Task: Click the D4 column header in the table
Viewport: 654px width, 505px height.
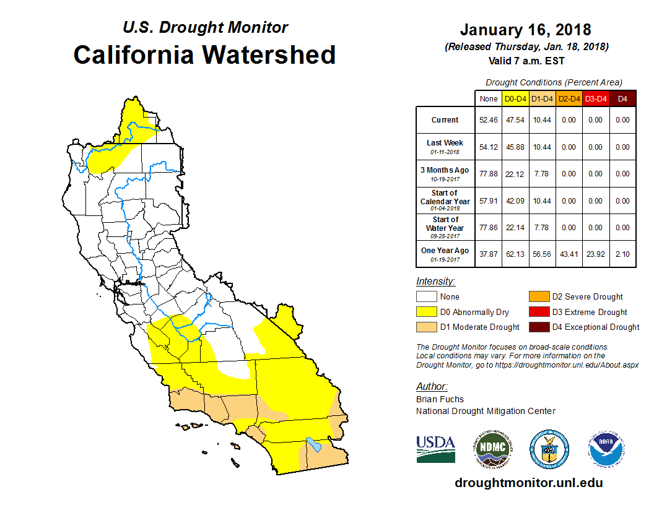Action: pyautogui.click(x=622, y=98)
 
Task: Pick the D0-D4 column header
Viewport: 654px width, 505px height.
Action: pyautogui.click(x=515, y=98)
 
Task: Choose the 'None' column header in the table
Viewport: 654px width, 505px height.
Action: pyautogui.click(x=489, y=98)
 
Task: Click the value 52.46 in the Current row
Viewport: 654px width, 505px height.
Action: pyautogui.click(x=489, y=120)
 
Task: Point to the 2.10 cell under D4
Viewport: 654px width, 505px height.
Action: pyautogui.click(x=622, y=254)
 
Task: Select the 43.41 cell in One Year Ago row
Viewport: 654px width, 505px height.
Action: pyautogui.click(x=569, y=254)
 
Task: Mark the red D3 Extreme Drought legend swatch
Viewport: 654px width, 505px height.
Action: pyautogui.click(x=538, y=312)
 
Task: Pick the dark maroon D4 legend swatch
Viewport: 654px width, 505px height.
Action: pyautogui.click(x=538, y=327)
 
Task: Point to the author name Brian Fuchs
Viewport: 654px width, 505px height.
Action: pyautogui.click(x=440, y=399)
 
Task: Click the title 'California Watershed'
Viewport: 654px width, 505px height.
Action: pyautogui.click(x=204, y=54)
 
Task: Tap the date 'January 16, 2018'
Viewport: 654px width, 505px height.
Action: pyautogui.click(x=525, y=30)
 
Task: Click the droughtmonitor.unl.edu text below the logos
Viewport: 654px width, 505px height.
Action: pyautogui.click(x=528, y=483)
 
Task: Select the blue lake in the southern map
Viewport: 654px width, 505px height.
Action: pyautogui.click(x=313, y=444)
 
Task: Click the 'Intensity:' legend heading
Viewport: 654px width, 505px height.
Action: pyautogui.click(x=435, y=282)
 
